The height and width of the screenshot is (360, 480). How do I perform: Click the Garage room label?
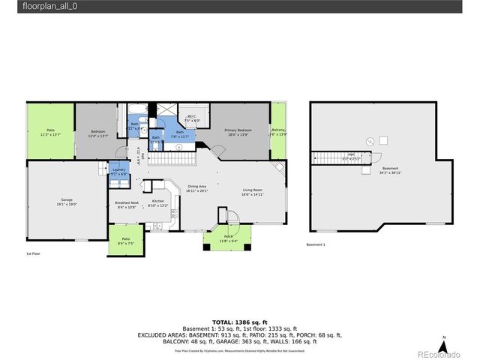pos(67,201)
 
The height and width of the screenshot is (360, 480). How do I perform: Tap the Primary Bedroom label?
pos(238,132)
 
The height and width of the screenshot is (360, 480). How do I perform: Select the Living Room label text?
pos(252,192)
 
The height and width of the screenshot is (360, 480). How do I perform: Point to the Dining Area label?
pos(197,188)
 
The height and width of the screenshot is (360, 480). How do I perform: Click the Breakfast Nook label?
pos(125,205)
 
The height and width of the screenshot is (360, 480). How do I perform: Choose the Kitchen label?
pos(158,203)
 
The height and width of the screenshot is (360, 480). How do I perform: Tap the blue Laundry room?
pos(119,172)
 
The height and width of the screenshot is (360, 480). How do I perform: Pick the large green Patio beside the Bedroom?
pos(51,132)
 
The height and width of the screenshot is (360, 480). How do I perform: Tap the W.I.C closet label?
pos(192,118)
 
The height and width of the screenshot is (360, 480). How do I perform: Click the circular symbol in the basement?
pos(369,142)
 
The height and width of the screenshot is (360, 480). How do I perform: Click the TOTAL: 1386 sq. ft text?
pos(239,320)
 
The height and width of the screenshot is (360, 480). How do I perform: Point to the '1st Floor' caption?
pos(33,254)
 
